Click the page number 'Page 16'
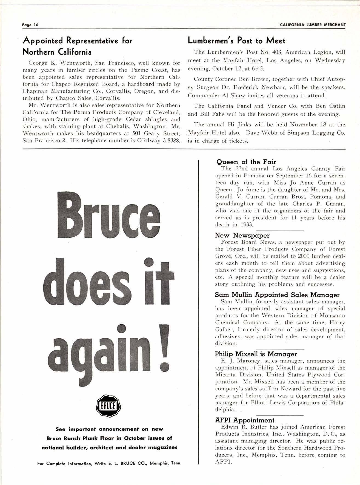coord(30,25)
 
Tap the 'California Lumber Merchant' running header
coord(313,25)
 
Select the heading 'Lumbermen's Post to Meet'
coord(236,41)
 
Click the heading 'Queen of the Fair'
coord(246,162)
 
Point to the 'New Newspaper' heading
coord(242,235)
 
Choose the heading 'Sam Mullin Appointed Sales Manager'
coord(277,295)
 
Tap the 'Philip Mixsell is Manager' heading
coord(256,354)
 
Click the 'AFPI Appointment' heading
coord(244,420)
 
